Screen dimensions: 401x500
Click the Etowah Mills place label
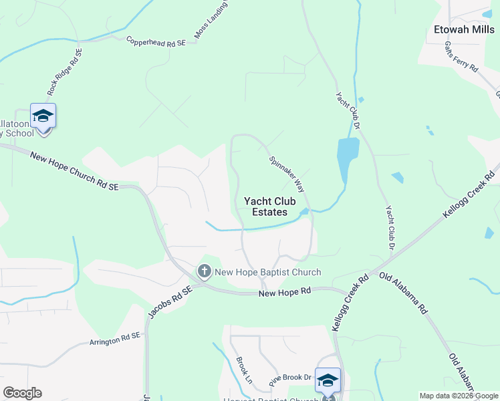pyautogui.click(x=464, y=29)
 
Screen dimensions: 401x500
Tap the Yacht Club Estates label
pyautogui.click(x=265, y=206)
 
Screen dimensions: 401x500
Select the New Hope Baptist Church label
pyautogui.click(x=267, y=272)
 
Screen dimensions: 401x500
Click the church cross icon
pyautogui.click(x=204, y=271)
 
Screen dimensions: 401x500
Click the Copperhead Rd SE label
pyautogui.click(x=155, y=41)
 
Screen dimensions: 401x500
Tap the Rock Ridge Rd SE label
pyautogui.click(x=64, y=71)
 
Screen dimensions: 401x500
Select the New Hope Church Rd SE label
pyautogui.click(x=74, y=171)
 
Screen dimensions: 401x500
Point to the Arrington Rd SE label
pyautogui.click(x=115, y=340)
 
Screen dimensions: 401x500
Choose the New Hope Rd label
pyautogui.click(x=285, y=292)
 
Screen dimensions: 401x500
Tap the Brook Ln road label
pyautogui.click(x=243, y=370)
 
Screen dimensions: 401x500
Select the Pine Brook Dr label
pyautogui.click(x=291, y=378)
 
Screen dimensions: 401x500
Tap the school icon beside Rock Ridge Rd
pyautogui.click(x=43, y=117)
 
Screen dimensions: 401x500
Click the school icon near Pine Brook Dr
pyautogui.click(x=328, y=380)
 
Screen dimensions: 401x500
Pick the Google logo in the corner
pyautogui.click(x=22, y=393)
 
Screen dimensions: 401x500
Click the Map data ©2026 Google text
pyautogui.click(x=459, y=396)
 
